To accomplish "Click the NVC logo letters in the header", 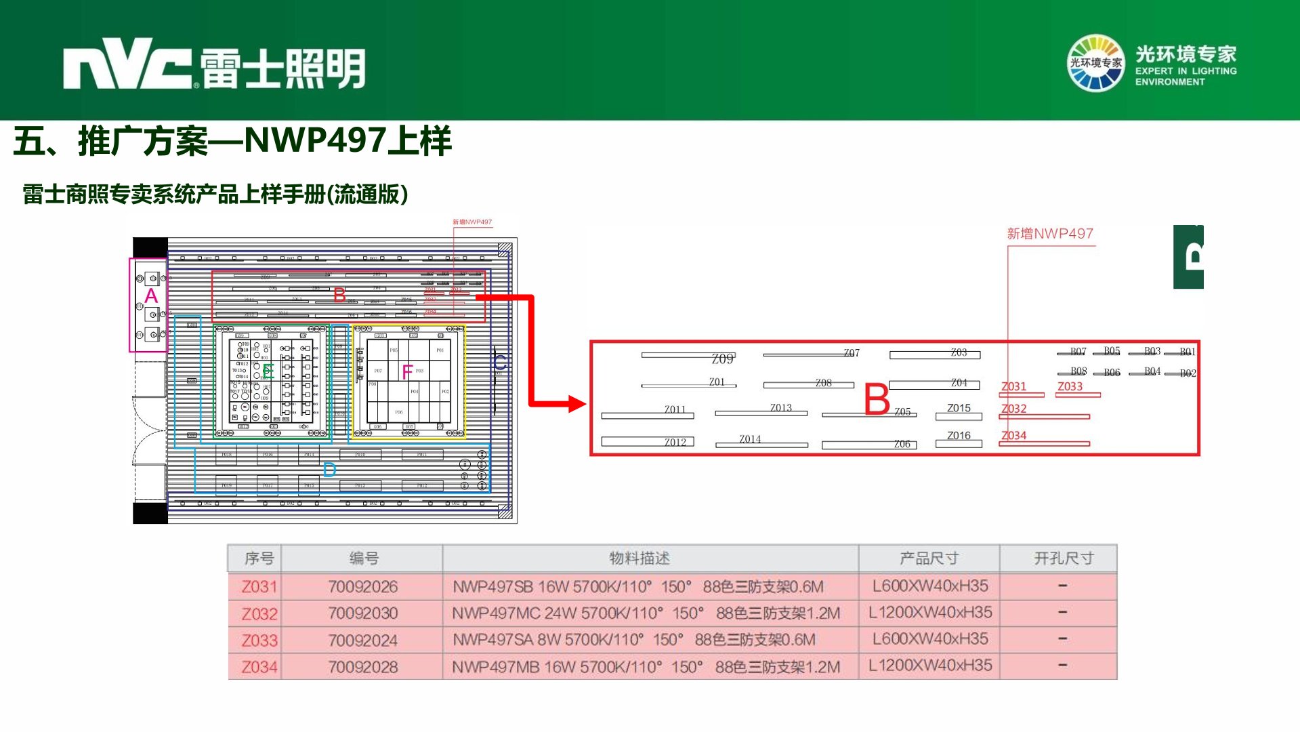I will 127,66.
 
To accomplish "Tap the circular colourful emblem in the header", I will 1095,63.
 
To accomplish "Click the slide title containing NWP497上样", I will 232,141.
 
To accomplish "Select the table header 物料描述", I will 639,558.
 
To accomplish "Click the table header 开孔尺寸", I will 1063,558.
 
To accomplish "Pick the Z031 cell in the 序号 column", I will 259,587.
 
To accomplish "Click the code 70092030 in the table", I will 363,613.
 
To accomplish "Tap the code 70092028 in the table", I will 363,667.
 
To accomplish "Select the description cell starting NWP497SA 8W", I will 634,640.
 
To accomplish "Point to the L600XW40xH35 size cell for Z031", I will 929,586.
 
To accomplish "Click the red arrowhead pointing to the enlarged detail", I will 576,404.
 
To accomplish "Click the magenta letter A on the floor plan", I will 151,296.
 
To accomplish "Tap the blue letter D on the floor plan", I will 329,470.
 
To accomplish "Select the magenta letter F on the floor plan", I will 406,371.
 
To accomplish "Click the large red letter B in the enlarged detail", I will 877,399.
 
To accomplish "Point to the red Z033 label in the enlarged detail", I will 1070,386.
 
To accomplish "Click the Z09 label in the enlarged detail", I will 722,359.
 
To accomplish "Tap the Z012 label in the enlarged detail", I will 675,442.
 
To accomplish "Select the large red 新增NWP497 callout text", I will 1049,234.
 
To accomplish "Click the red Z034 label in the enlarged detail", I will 1013,436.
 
